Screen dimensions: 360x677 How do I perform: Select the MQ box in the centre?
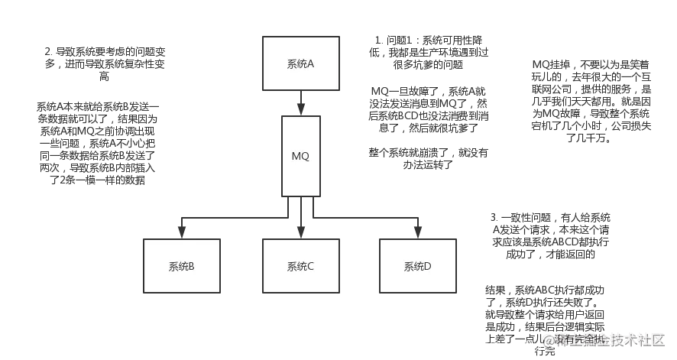tap(300, 157)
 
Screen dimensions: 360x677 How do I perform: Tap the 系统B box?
tap(181, 266)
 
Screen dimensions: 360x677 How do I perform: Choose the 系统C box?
tap(300, 266)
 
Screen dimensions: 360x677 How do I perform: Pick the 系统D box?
tap(418, 266)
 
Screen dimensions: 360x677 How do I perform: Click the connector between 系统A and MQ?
tap(301, 104)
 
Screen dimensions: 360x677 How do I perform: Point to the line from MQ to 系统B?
tap(229, 219)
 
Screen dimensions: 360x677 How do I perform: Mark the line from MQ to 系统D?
tap(367, 219)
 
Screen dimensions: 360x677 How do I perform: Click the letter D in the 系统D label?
tap(428, 267)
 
